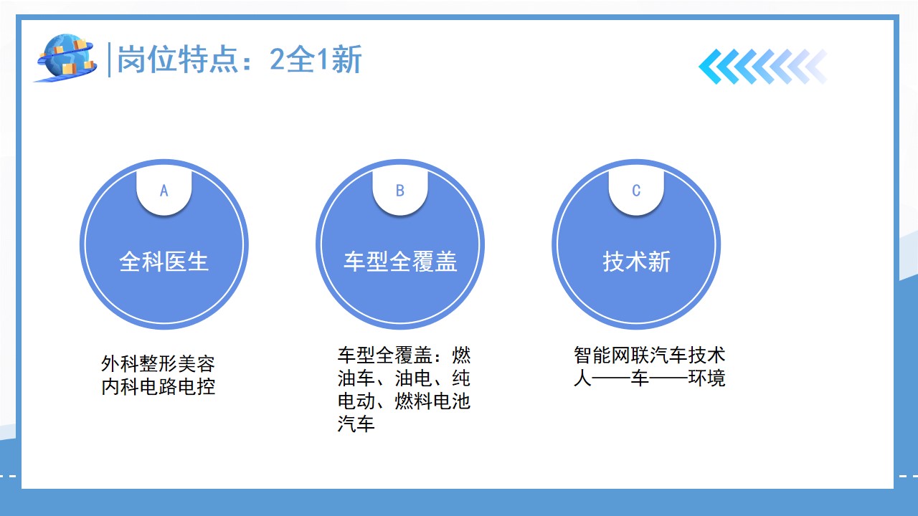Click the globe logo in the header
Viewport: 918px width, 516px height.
click(67, 58)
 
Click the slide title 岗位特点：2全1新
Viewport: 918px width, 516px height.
click(240, 59)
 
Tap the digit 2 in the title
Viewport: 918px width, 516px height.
click(277, 59)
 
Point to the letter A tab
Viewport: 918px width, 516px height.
click(164, 191)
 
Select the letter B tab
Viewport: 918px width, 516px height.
click(400, 191)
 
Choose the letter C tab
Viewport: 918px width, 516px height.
click(636, 191)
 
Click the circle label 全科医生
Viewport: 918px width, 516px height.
click(164, 262)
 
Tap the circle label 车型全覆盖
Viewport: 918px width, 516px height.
click(400, 262)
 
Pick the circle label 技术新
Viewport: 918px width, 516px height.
click(636, 262)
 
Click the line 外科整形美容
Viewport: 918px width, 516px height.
click(158, 363)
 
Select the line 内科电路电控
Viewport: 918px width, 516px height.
click(158, 386)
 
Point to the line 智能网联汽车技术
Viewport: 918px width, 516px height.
click(650, 355)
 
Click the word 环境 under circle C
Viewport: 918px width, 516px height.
click(707, 378)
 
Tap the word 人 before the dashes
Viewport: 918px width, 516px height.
click(583, 378)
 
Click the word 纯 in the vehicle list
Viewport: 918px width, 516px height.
click(461, 378)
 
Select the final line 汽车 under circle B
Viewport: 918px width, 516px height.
click(356, 424)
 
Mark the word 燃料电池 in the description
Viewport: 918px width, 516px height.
click(432, 401)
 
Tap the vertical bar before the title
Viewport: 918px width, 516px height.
click(109, 59)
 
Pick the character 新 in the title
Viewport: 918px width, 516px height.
click(347, 59)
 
